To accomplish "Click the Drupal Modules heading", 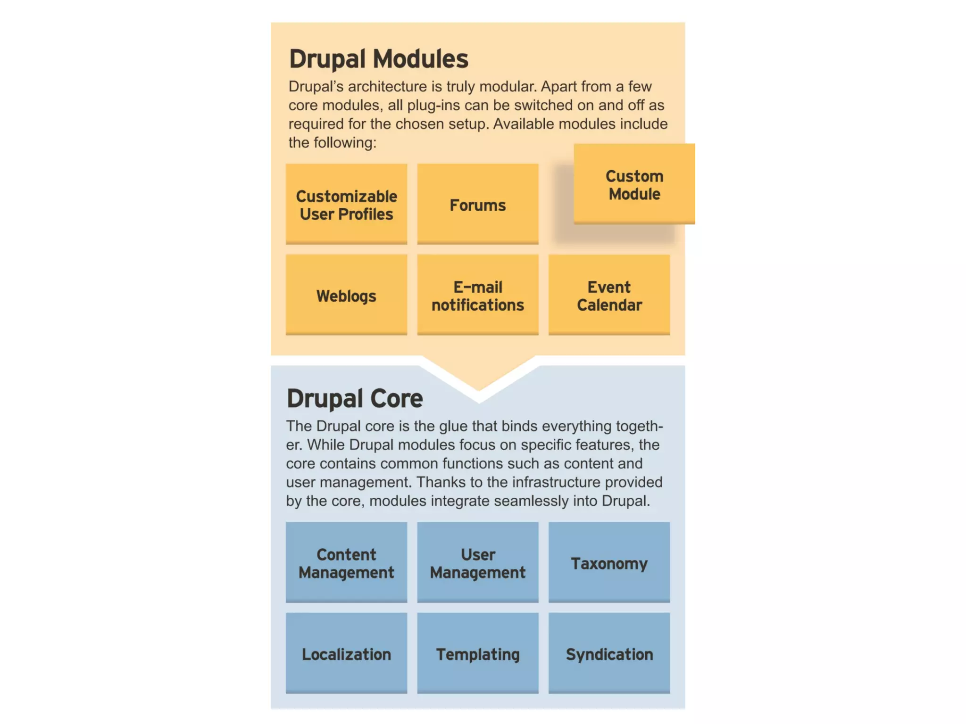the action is click(378, 59).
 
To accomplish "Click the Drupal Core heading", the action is click(355, 398).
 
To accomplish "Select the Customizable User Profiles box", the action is click(346, 204).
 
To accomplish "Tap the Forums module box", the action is click(477, 204).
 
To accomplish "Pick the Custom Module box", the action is click(634, 184).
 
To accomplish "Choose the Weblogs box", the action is click(346, 295).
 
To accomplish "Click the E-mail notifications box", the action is click(477, 295).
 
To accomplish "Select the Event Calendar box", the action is click(609, 295).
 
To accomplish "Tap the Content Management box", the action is click(346, 562).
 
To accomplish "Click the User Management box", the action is click(477, 562).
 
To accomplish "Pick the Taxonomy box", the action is click(609, 562).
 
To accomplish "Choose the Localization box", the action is click(346, 653).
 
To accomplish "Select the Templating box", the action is click(477, 653).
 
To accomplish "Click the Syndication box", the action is click(609, 653).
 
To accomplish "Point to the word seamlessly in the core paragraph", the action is click(532, 501).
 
